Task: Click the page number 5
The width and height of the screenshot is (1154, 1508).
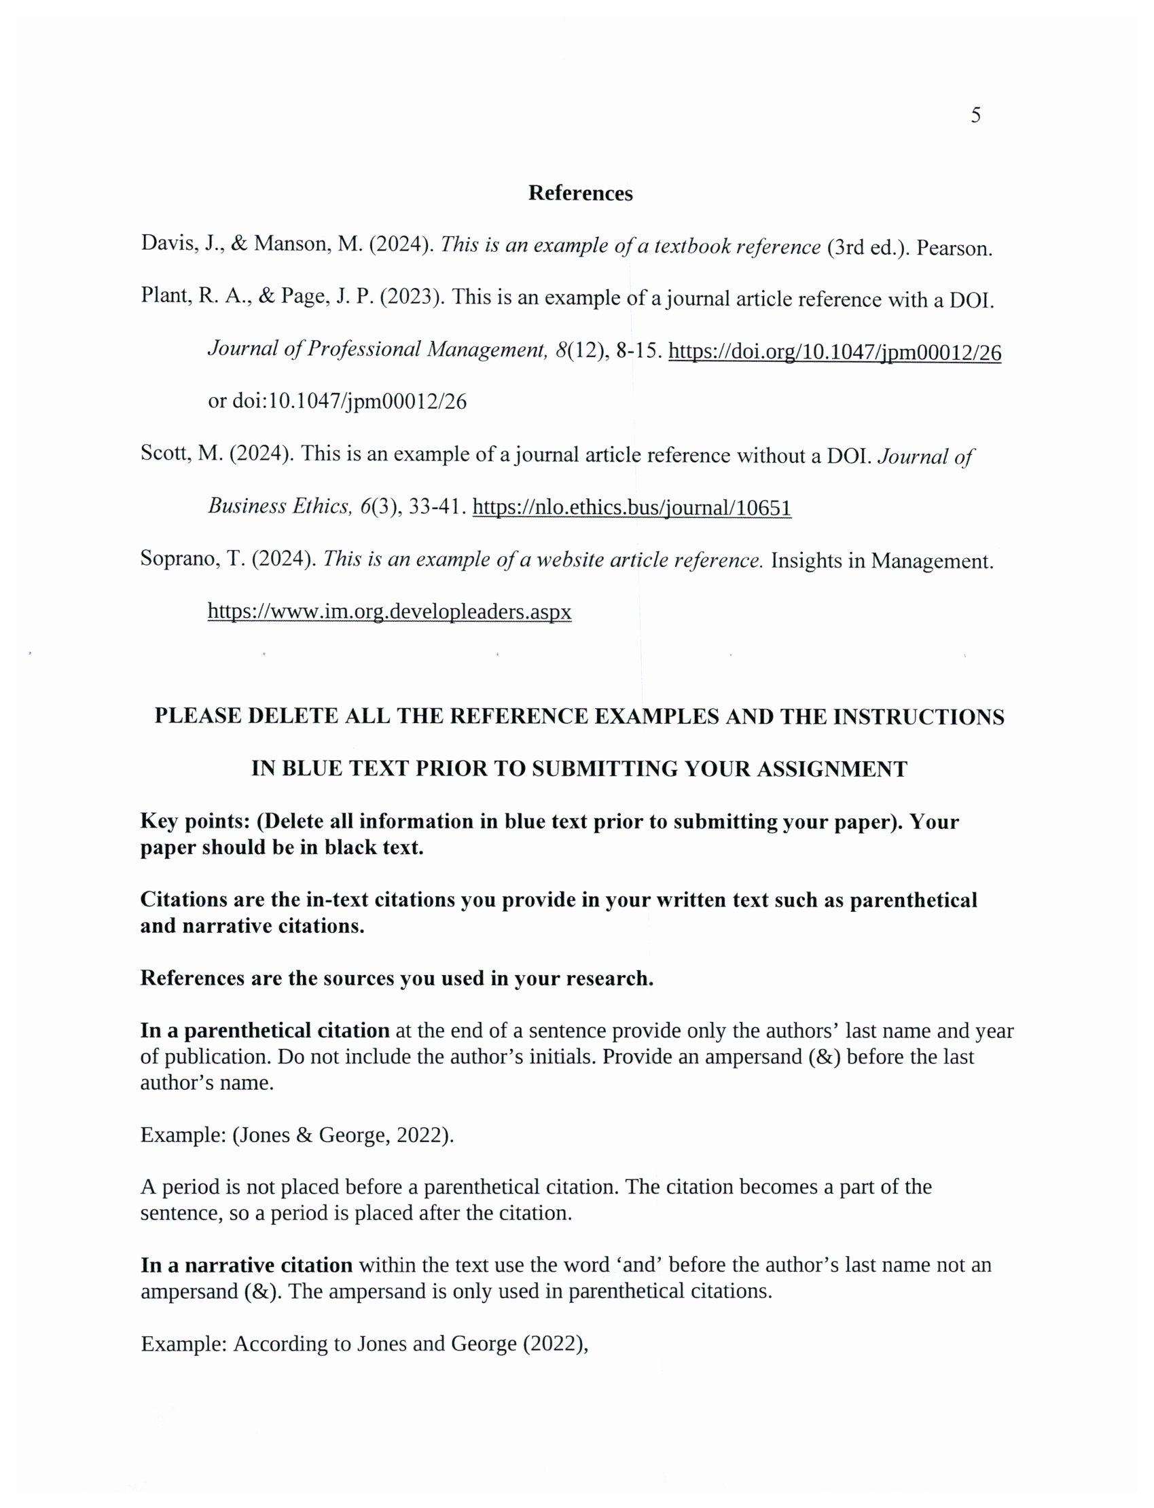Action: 975,115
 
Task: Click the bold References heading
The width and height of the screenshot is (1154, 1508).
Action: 581,194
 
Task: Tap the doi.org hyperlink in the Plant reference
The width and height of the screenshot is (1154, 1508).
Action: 835,352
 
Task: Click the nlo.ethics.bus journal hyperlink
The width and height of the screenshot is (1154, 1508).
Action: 632,508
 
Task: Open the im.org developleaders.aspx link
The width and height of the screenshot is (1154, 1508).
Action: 389,611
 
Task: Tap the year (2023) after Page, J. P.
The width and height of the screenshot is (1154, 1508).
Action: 410,297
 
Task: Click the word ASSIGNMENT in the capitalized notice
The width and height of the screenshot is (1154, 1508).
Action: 831,769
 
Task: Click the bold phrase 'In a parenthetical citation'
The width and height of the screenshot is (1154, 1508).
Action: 265,1031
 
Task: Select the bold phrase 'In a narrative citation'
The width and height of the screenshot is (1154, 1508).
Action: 247,1265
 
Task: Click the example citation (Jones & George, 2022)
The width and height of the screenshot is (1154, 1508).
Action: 344,1135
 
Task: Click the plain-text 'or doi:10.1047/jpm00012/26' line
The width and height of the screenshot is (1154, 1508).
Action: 338,402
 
